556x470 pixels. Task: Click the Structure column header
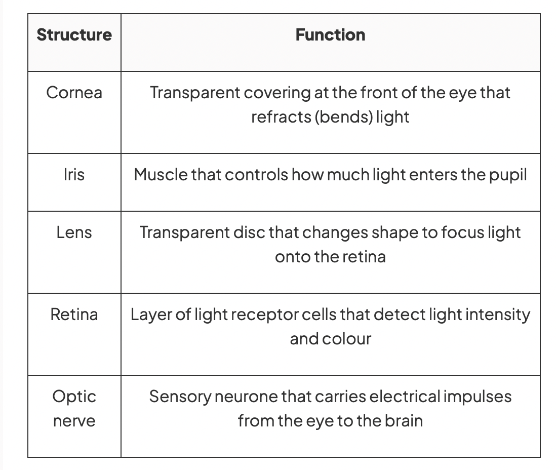(x=74, y=35)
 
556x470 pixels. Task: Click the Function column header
(x=331, y=35)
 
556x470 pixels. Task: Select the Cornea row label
(x=74, y=93)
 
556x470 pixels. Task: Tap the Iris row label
(x=74, y=175)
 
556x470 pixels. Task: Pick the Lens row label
(x=74, y=232)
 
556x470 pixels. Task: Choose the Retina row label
(x=74, y=315)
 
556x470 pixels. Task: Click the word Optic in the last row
(x=74, y=397)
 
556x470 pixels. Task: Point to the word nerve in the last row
(x=74, y=421)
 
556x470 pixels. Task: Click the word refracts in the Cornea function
(x=281, y=116)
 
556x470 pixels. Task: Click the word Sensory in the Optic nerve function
(x=180, y=397)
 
